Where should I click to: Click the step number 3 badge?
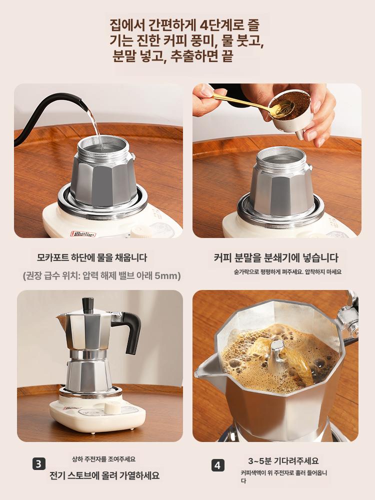click(x=39, y=464)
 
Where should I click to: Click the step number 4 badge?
click(x=218, y=465)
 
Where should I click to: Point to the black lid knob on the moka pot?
click(x=87, y=305)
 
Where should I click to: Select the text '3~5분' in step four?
click(x=259, y=461)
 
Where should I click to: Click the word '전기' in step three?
click(x=57, y=475)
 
